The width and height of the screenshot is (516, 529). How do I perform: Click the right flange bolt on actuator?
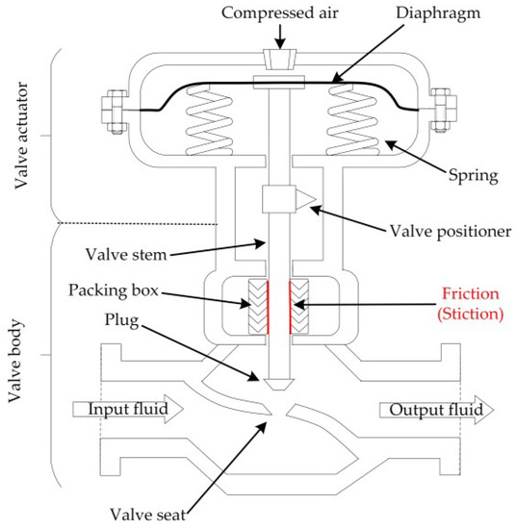point(445,109)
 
